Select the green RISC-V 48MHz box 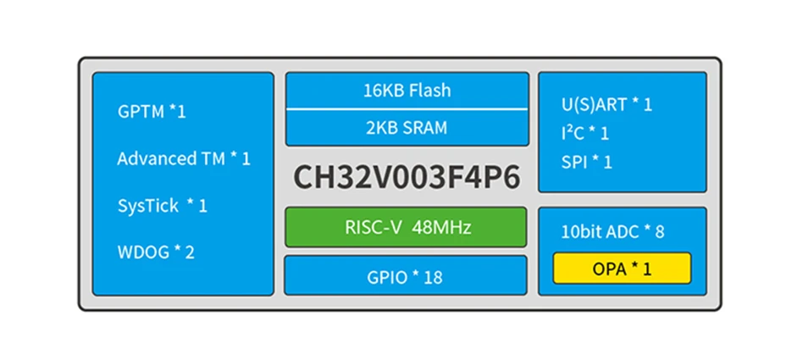[x=407, y=227]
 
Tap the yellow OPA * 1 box [x=622, y=269]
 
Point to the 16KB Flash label [x=407, y=91]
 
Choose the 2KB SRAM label [x=407, y=129]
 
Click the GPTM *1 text [x=152, y=111]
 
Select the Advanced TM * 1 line [x=184, y=158]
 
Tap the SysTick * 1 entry [x=162, y=206]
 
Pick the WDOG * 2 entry [x=156, y=252]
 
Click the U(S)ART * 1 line [x=607, y=105]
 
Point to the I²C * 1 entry [x=584, y=133]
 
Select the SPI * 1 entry [x=586, y=161]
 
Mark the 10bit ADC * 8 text [x=613, y=231]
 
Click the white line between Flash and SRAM [x=407, y=109]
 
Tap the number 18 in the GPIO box [x=433, y=277]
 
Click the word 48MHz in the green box [x=443, y=227]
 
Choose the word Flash [x=431, y=91]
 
